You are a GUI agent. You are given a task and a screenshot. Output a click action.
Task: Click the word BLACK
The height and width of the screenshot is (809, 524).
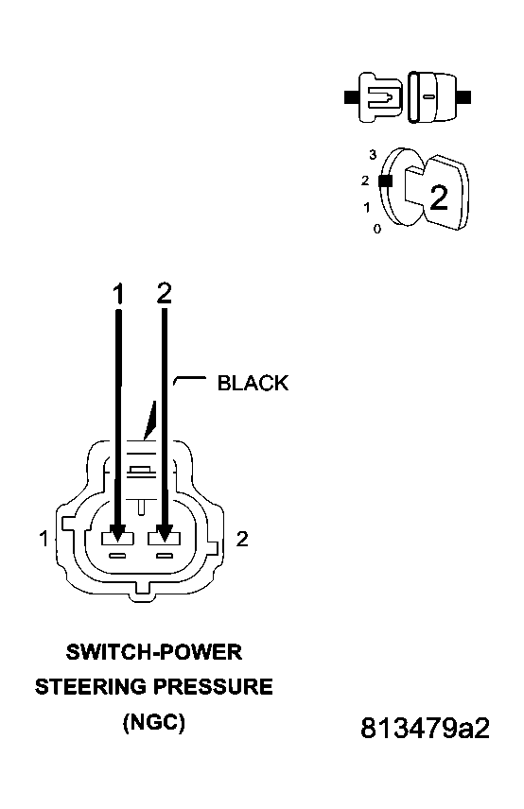(x=253, y=383)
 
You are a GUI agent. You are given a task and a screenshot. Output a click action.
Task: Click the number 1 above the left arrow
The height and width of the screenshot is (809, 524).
(x=118, y=295)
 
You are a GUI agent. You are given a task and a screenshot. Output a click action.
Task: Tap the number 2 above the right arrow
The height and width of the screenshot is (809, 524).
(x=165, y=295)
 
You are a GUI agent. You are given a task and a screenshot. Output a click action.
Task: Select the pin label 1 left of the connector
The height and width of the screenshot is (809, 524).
(x=44, y=539)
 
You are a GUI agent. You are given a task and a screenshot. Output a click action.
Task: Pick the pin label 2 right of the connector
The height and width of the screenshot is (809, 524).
(x=242, y=539)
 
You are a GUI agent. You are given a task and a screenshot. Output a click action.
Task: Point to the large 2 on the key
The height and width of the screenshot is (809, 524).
(x=439, y=198)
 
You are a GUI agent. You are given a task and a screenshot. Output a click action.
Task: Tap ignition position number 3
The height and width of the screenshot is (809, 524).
(x=374, y=154)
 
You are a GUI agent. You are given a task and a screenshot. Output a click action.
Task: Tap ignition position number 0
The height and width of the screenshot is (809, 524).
(x=376, y=229)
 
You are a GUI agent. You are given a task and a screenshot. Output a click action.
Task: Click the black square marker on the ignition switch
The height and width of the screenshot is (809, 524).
(x=384, y=181)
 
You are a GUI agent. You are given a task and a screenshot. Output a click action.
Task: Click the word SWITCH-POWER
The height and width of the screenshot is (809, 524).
(x=154, y=652)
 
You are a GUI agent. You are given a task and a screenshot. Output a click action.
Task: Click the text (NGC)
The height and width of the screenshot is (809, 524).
(x=154, y=723)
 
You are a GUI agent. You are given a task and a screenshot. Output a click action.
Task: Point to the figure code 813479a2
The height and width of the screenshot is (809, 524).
(x=425, y=729)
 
